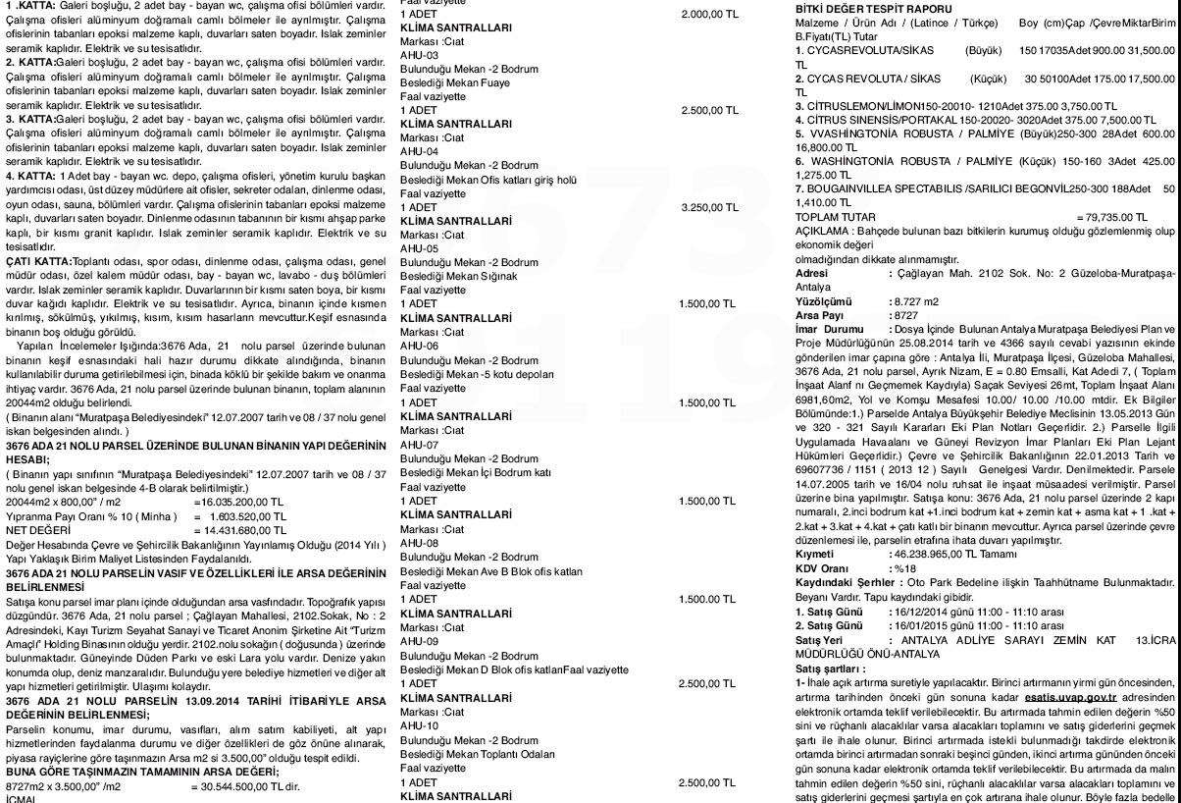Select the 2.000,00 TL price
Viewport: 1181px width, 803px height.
click(x=709, y=15)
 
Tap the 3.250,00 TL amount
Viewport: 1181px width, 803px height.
click(x=709, y=208)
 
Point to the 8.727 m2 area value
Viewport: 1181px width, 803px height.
click(x=916, y=301)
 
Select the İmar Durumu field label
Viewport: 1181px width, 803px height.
click(x=829, y=330)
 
